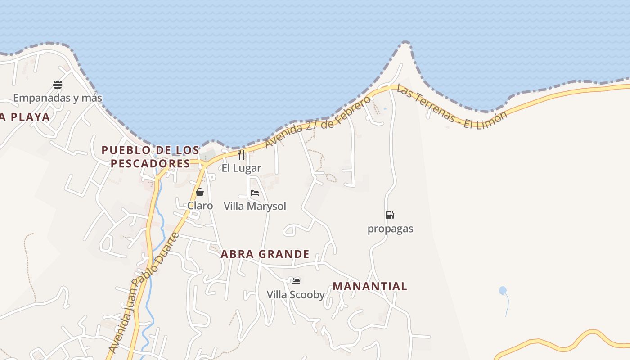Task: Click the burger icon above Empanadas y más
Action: (58, 84)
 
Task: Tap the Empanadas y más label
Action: (58, 98)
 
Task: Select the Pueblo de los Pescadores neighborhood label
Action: (150, 157)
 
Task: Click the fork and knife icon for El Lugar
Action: (241, 155)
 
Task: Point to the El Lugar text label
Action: (241, 168)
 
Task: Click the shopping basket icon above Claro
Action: (200, 193)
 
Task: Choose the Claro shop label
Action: (200, 206)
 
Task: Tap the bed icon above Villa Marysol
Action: (255, 193)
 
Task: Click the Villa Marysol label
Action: (255, 206)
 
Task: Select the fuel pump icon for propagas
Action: (390, 215)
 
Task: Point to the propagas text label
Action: (390, 229)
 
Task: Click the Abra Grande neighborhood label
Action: (265, 254)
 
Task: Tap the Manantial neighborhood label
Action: (370, 286)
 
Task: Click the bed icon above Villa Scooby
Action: (295, 281)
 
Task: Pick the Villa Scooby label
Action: (296, 295)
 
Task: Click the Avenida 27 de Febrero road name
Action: (318, 121)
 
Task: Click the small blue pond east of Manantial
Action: (503, 291)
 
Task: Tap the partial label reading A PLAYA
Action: (25, 117)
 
